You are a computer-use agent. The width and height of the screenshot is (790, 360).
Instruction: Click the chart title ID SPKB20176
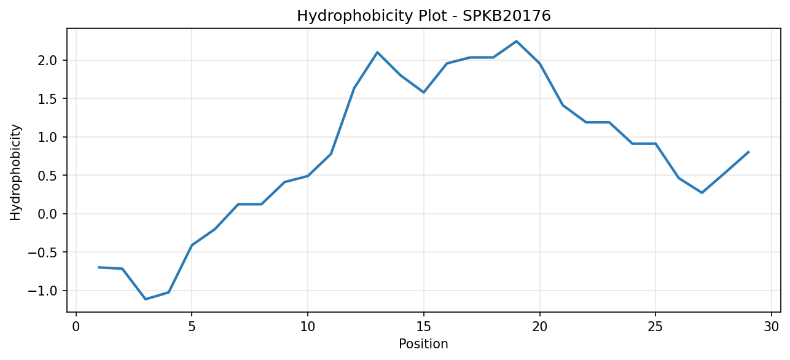(506, 16)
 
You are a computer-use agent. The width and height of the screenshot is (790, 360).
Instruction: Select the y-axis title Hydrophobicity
(15, 172)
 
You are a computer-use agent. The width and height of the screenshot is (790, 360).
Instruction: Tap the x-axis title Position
(423, 344)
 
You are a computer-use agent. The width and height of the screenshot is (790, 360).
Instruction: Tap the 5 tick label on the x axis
(192, 327)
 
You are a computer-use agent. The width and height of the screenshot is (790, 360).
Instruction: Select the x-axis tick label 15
(423, 327)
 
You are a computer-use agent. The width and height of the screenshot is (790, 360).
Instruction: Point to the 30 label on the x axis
(771, 327)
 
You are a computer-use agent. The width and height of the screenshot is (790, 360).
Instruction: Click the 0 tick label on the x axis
(76, 327)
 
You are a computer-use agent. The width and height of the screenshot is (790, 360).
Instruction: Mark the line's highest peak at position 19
(516, 41)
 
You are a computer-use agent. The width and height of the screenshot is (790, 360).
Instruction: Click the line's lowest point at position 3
(146, 299)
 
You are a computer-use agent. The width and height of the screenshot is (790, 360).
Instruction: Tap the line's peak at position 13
(377, 52)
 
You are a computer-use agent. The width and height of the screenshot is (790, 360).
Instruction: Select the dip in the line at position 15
(424, 92)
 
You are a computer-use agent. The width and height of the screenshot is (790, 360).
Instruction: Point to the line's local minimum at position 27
(702, 192)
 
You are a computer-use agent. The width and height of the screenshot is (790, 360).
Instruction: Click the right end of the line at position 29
(748, 152)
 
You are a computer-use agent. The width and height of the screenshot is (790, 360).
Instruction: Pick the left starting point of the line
(99, 267)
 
